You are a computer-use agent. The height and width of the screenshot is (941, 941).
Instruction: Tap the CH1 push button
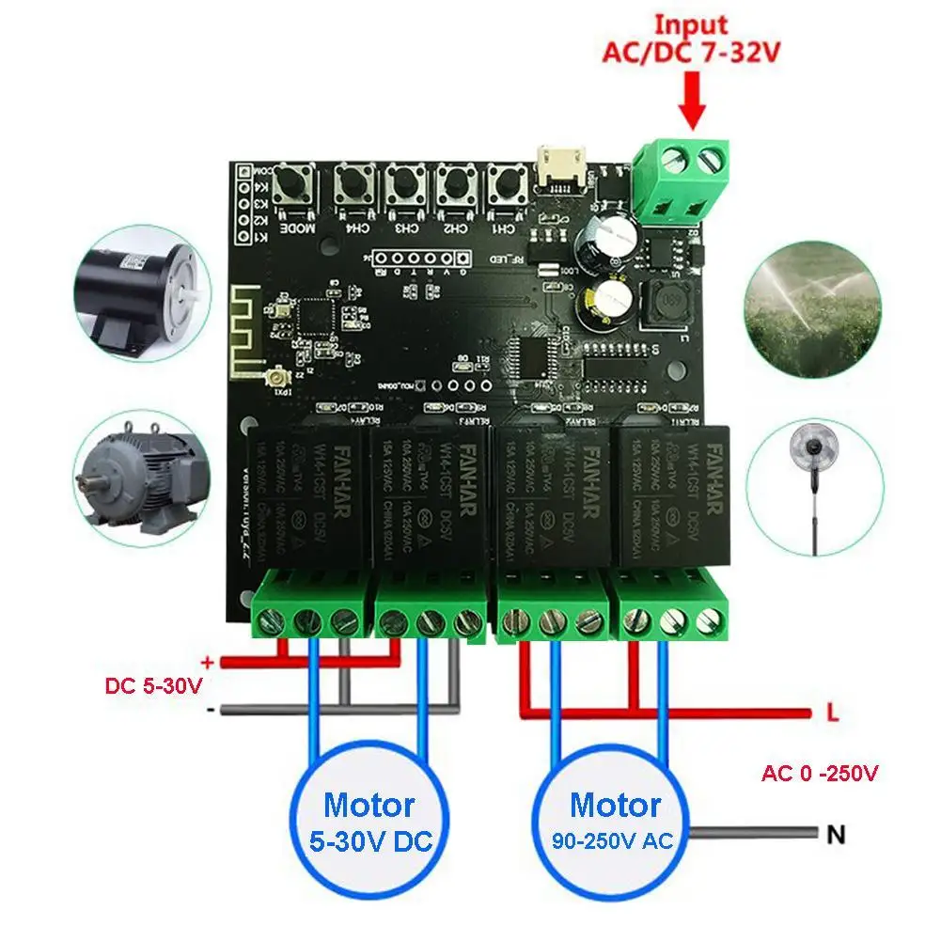coord(503,186)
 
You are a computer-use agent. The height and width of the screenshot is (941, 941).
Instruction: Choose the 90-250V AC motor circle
coord(614,821)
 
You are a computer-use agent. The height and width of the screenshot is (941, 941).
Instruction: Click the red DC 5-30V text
coord(153,685)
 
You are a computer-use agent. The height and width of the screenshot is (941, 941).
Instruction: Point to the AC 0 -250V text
coord(820,774)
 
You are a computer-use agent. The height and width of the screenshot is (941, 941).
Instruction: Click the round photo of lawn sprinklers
coord(816,292)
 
